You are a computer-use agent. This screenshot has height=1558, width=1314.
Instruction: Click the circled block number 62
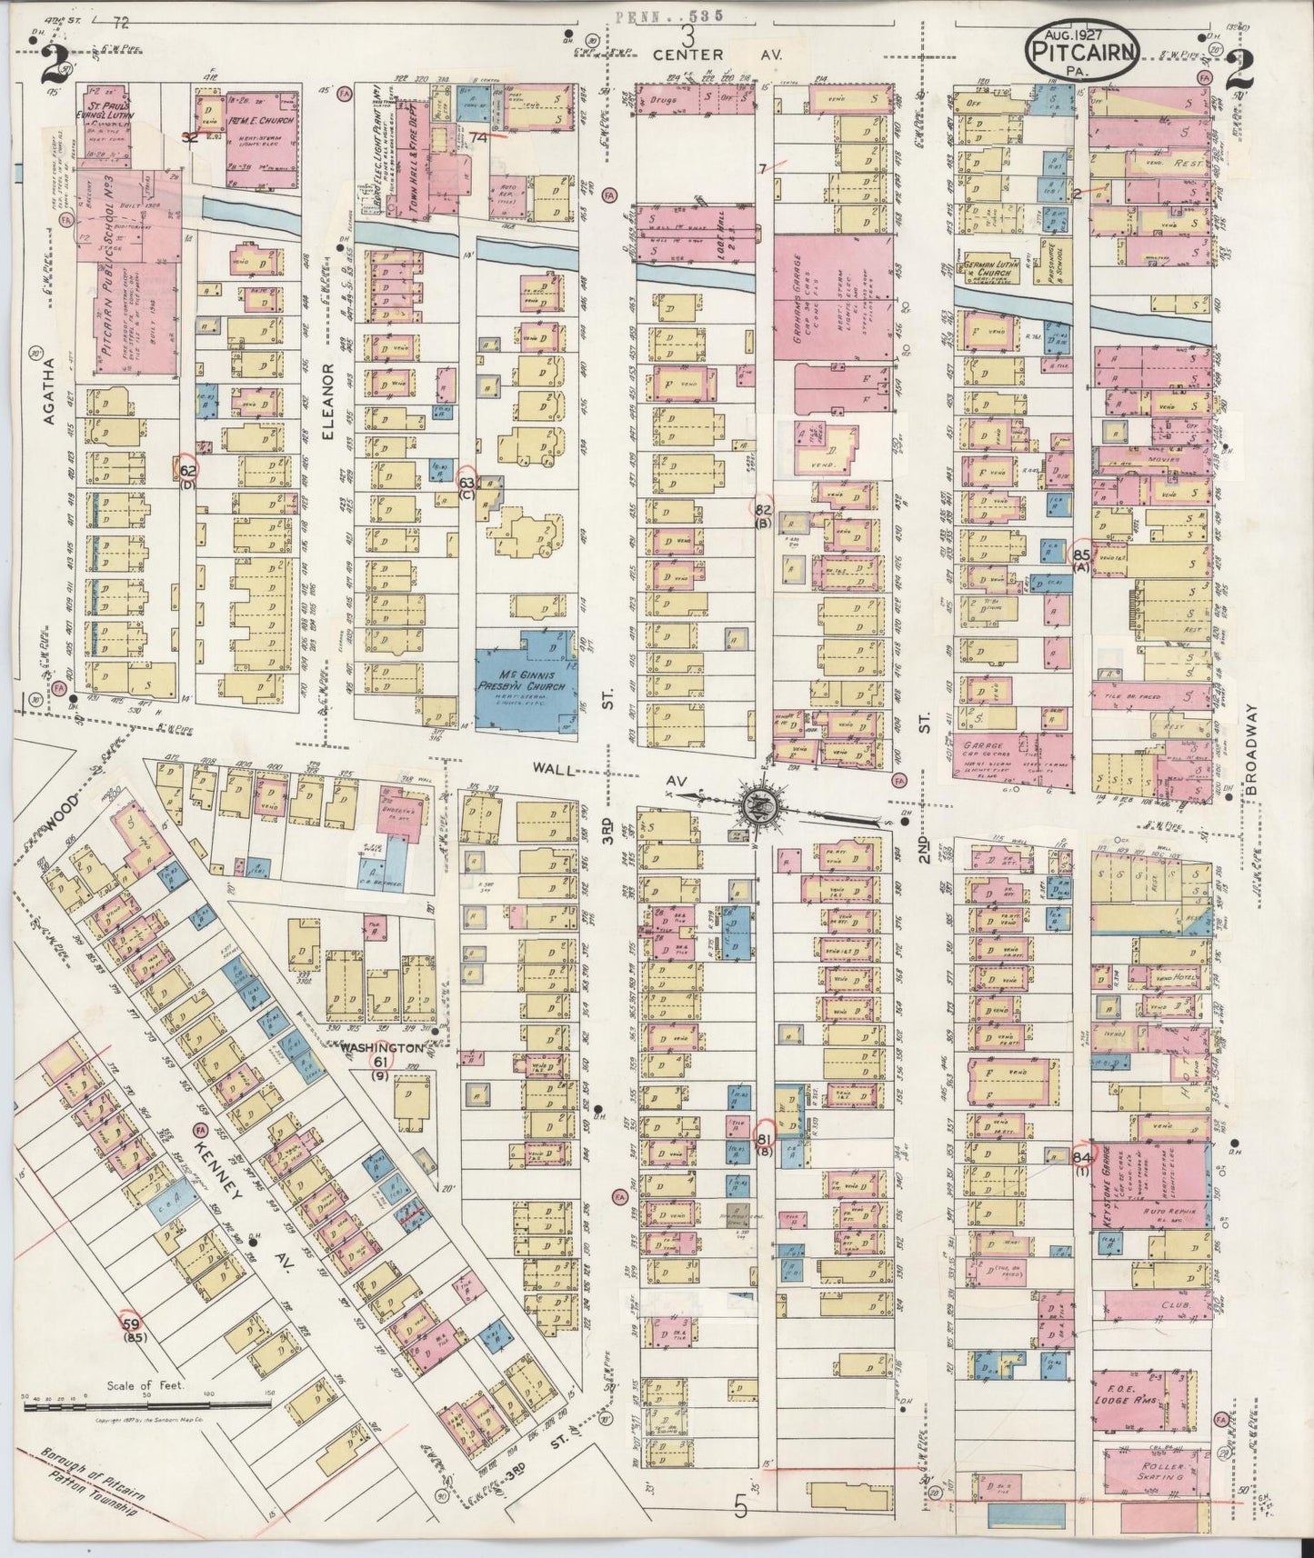[x=186, y=469]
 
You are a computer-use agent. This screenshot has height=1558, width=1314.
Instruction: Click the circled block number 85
[x=1081, y=553]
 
